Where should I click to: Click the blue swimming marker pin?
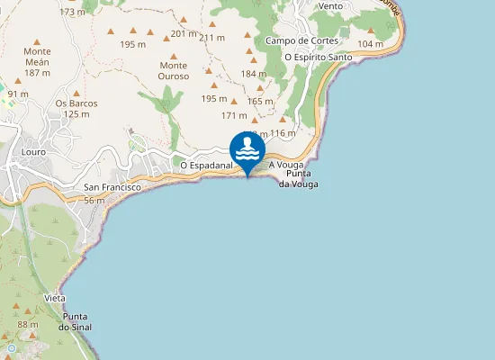(x=247, y=150)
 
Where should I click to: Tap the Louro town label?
(x=33, y=152)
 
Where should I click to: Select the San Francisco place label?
(x=112, y=187)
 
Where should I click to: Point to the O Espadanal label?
(x=206, y=166)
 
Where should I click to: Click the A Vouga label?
(x=285, y=166)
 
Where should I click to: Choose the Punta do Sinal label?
(x=77, y=321)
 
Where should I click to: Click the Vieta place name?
(x=54, y=298)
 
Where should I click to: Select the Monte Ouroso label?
(x=173, y=70)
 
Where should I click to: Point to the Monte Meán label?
(x=37, y=67)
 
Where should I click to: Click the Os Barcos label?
(x=76, y=108)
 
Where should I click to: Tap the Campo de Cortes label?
(x=301, y=40)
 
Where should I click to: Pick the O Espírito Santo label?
(x=318, y=57)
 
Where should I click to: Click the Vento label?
(x=330, y=5)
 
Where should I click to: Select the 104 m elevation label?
(x=370, y=44)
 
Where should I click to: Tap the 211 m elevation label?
(x=211, y=38)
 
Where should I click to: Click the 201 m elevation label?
(x=183, y=33)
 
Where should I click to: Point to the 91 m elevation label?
(x=18, y=94)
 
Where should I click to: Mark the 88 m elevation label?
(x=27, y=324)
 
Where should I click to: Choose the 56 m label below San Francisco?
(x=94, y=200)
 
